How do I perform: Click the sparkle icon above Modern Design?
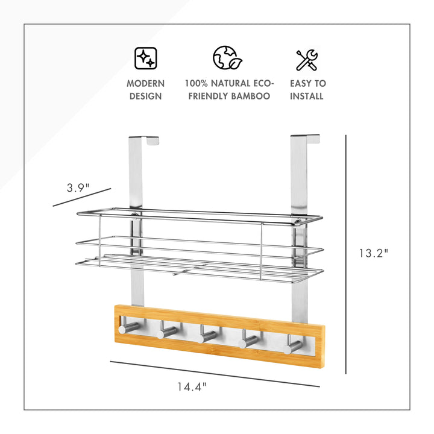tap(146, 58)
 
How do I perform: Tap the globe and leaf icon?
tap(227, 58)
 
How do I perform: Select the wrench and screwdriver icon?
tap(307, 60)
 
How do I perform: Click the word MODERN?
tap(146, 83)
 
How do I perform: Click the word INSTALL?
tap(307, 96)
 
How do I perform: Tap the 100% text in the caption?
tap(197, 83)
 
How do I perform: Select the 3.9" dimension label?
tap(78, 187)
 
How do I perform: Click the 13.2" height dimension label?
tap(374, 253)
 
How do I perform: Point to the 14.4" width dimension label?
tap(192, 386)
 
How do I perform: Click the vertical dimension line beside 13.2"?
tap(346, 254)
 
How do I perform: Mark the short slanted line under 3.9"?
tap(82, 197)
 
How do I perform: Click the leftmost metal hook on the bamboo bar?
tap(127, 326)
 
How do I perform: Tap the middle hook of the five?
tap(206, 334)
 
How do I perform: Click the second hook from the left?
tap(166, 330)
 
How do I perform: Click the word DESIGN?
tap(146, 96)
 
